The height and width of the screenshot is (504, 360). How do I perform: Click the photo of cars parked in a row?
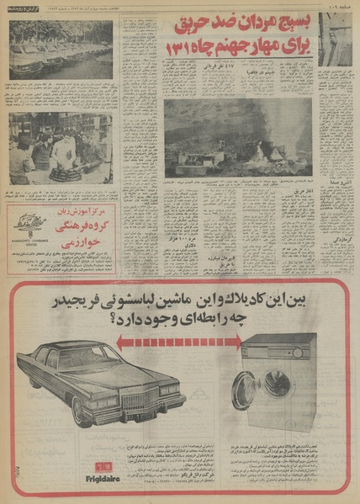point(60,50)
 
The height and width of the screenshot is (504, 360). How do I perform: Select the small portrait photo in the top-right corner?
point(336,39)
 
